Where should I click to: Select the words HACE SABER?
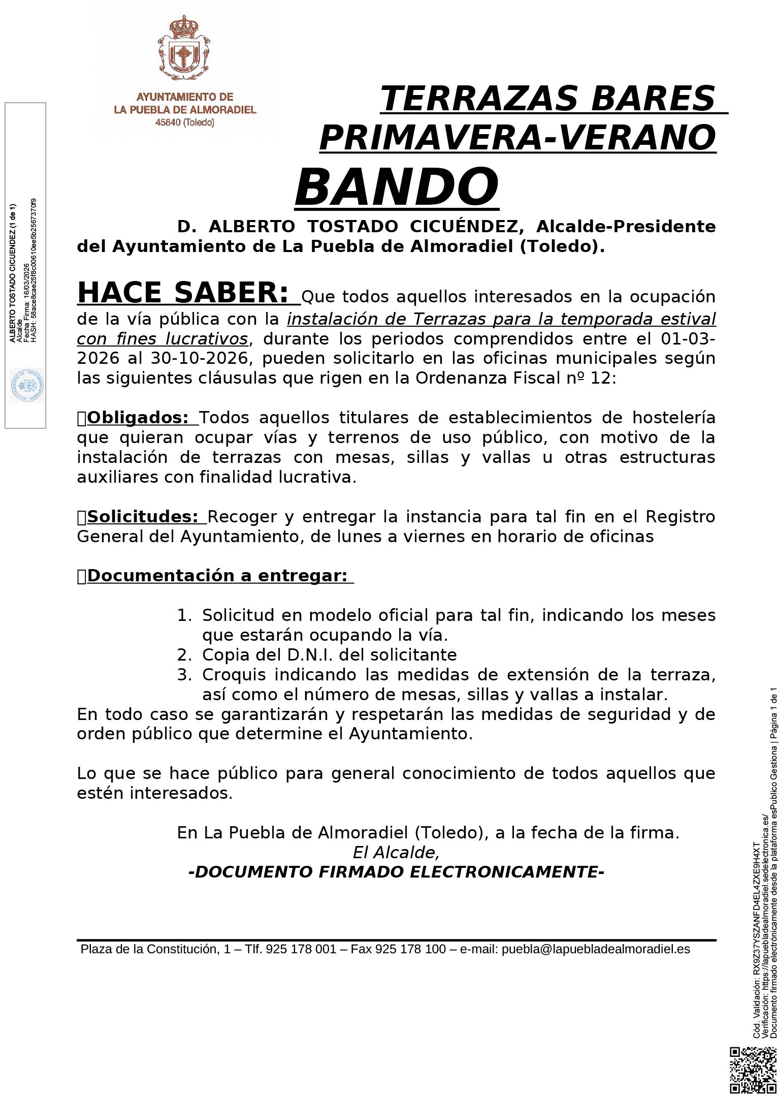tap(183, 293)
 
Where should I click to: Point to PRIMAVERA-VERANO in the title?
tap(517, 137)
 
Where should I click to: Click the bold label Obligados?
tap(138, 418)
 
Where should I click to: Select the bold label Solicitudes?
tap(142, 517)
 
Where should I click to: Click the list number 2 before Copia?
tap(183, 655)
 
